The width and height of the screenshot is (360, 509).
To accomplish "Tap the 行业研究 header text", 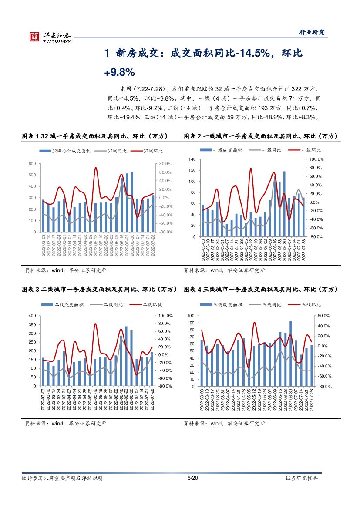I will (x=312, y=33).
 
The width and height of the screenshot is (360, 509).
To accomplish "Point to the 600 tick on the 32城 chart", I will (x=32, y=164).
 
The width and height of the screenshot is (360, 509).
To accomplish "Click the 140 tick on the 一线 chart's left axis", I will (x=192, y=160).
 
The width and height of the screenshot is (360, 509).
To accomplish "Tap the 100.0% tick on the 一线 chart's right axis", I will (x=315, y=160).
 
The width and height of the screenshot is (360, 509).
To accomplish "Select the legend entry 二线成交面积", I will (x=67, y=304).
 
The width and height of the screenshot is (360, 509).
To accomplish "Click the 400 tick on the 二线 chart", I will (x=32, y=316).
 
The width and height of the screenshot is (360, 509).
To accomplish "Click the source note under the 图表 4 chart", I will (x=224, y=423).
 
